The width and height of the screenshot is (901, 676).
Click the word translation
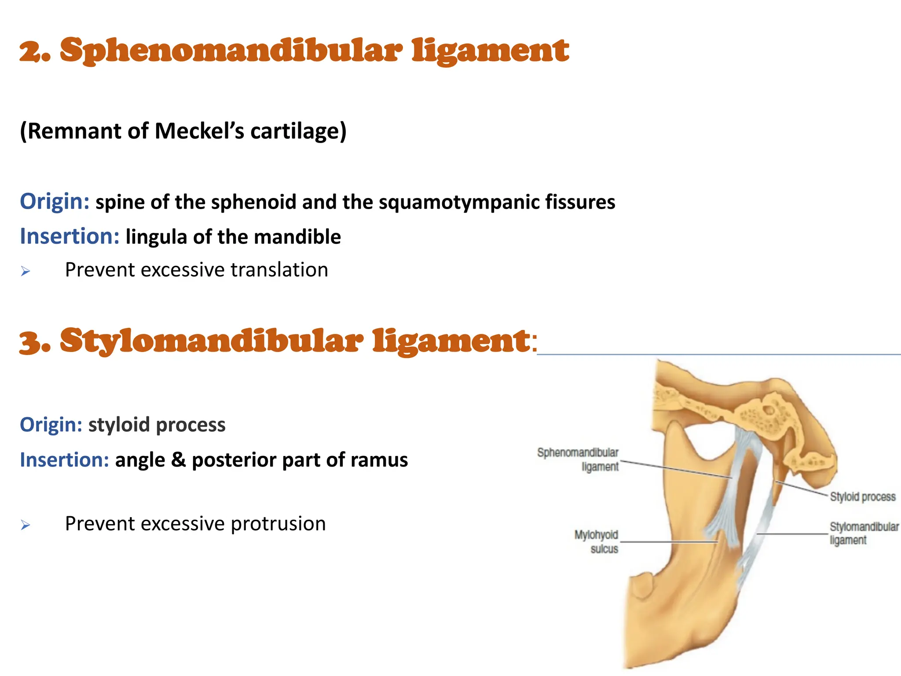coord(279,270)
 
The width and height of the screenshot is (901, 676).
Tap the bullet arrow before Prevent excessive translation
coord(26,271)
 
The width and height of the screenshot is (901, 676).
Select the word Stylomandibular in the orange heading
coord(211,342)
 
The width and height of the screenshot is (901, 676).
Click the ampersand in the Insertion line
coord(178,460)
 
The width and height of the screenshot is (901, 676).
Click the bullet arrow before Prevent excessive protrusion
coord(26,525)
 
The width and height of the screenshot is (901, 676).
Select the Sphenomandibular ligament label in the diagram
coord(578,459)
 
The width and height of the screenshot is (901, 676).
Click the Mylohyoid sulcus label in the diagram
coord(597,542)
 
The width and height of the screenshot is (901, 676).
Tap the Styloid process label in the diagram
coord(862,497)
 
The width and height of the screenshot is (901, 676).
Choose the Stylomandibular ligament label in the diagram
coord(864,533)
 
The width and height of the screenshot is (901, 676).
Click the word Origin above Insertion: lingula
coord(55,202)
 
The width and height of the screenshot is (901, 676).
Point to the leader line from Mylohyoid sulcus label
coord(669,542)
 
